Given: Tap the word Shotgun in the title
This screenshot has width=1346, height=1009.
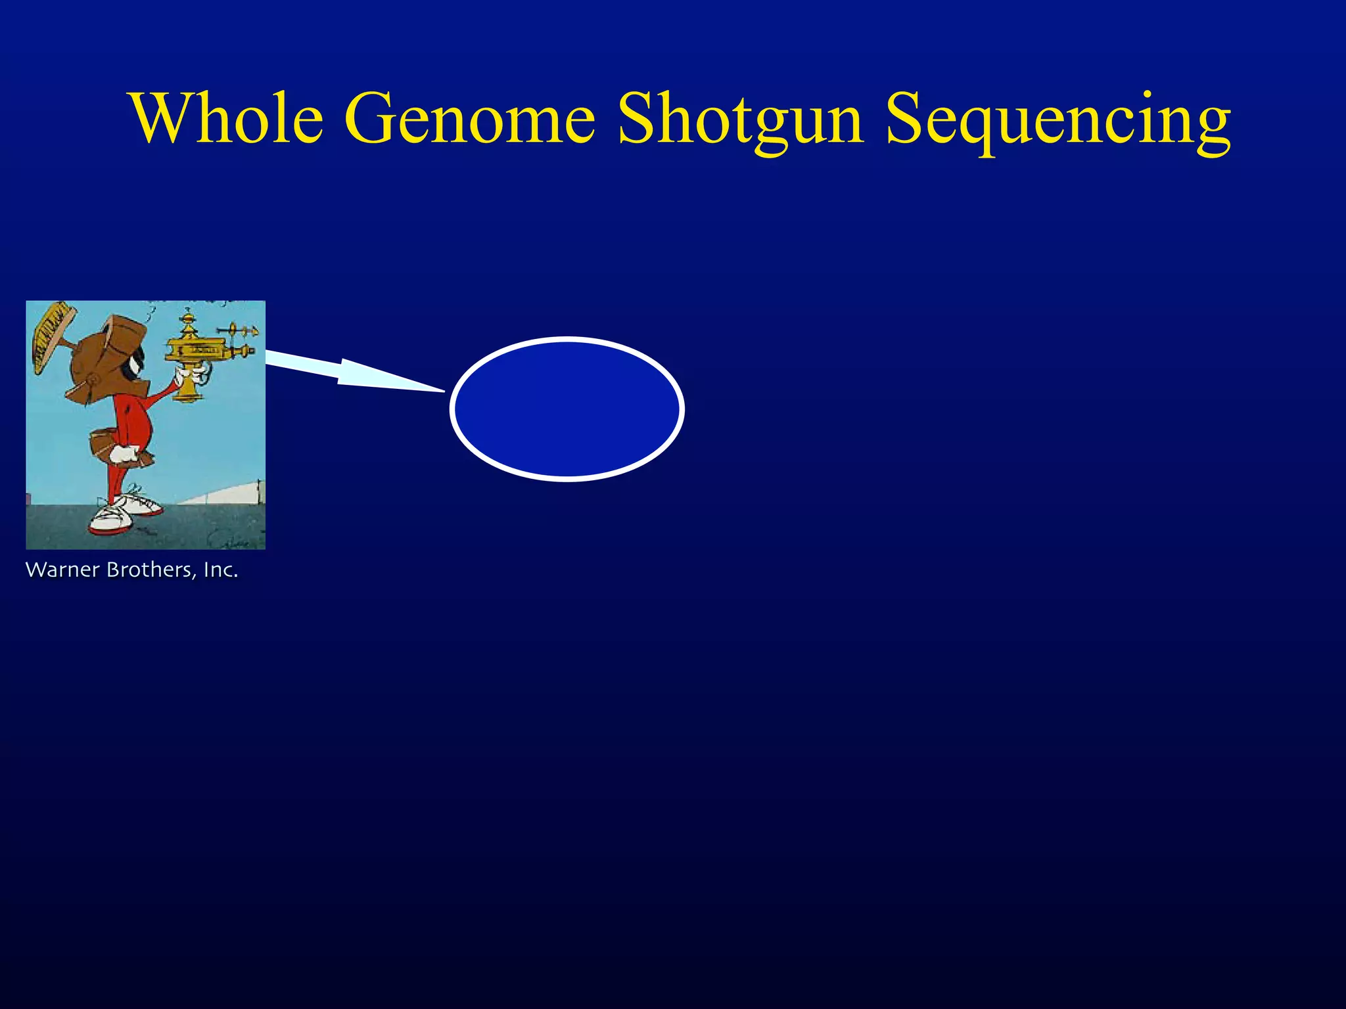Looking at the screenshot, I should [x=739, y=120].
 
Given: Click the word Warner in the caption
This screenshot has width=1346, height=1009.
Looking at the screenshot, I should [x=62, y=570].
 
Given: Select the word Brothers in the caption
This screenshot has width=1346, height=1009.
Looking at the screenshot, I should [x=150, y=570].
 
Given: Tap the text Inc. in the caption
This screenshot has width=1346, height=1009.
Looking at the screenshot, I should [x=221, y=570].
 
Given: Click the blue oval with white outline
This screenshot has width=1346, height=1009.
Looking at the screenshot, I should [x=567, y=409].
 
